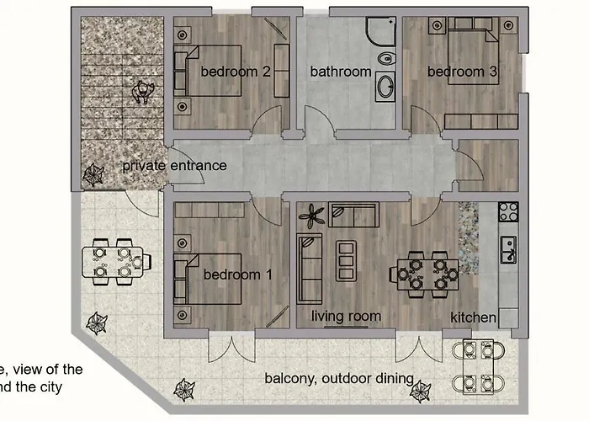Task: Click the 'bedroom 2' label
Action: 235,72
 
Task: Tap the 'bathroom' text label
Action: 340,72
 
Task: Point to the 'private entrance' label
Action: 174,166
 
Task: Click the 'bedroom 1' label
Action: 238,274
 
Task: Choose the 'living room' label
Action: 347,317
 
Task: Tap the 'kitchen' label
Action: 473,317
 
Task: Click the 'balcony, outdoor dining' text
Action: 338,378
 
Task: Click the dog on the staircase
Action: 141,90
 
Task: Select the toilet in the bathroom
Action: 385,59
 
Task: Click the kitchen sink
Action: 507,246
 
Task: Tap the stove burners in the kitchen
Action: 507,210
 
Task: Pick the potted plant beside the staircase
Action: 92,173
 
